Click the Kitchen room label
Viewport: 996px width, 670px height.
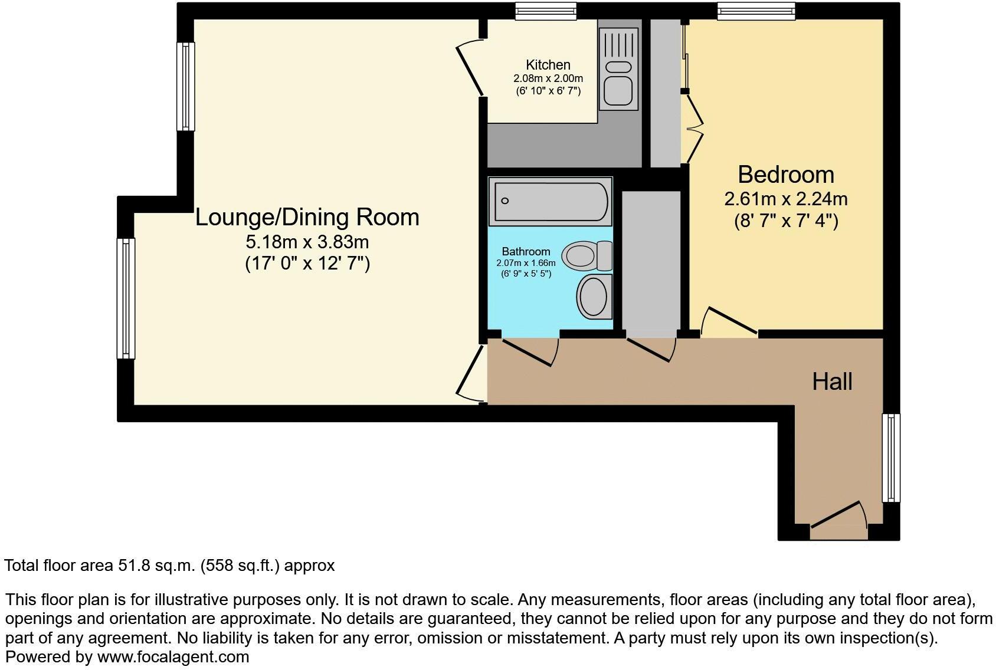[548, 65]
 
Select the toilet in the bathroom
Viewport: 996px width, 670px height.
[587, 255]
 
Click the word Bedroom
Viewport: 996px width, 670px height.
[785, 175]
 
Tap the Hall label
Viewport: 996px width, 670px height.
[831, 382]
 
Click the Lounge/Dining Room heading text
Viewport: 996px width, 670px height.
[307, 218]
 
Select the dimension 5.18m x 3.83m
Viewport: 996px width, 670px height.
[307, 242]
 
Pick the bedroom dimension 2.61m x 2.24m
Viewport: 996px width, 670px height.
[785, 199]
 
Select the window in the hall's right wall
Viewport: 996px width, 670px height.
[891, 458]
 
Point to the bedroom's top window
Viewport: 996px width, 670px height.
[756, 10]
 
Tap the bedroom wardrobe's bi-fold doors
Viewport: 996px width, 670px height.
[694, 127]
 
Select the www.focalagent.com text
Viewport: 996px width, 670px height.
[173, 656]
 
